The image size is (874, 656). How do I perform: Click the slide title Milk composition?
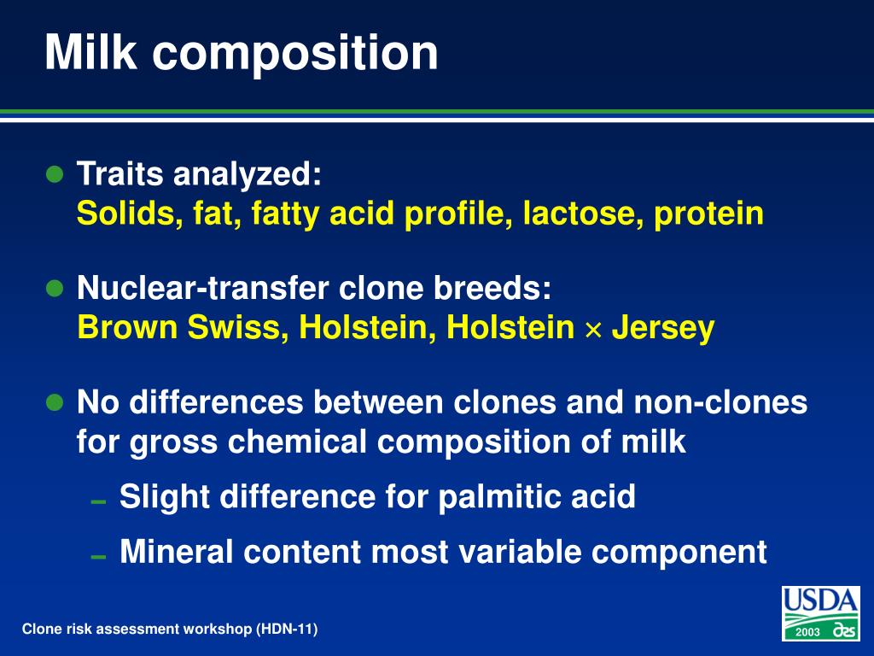242,53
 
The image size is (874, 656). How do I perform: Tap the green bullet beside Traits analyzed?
55,175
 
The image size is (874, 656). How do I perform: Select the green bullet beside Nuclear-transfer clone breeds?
55,289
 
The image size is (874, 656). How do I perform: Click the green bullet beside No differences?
55,402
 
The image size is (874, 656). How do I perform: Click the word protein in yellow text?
708,214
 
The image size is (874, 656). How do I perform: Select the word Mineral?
176,552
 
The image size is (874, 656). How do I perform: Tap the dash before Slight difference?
98,501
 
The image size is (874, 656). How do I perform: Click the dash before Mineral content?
98,556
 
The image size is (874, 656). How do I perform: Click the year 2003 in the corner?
807,631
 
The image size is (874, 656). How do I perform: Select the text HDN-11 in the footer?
287,630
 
